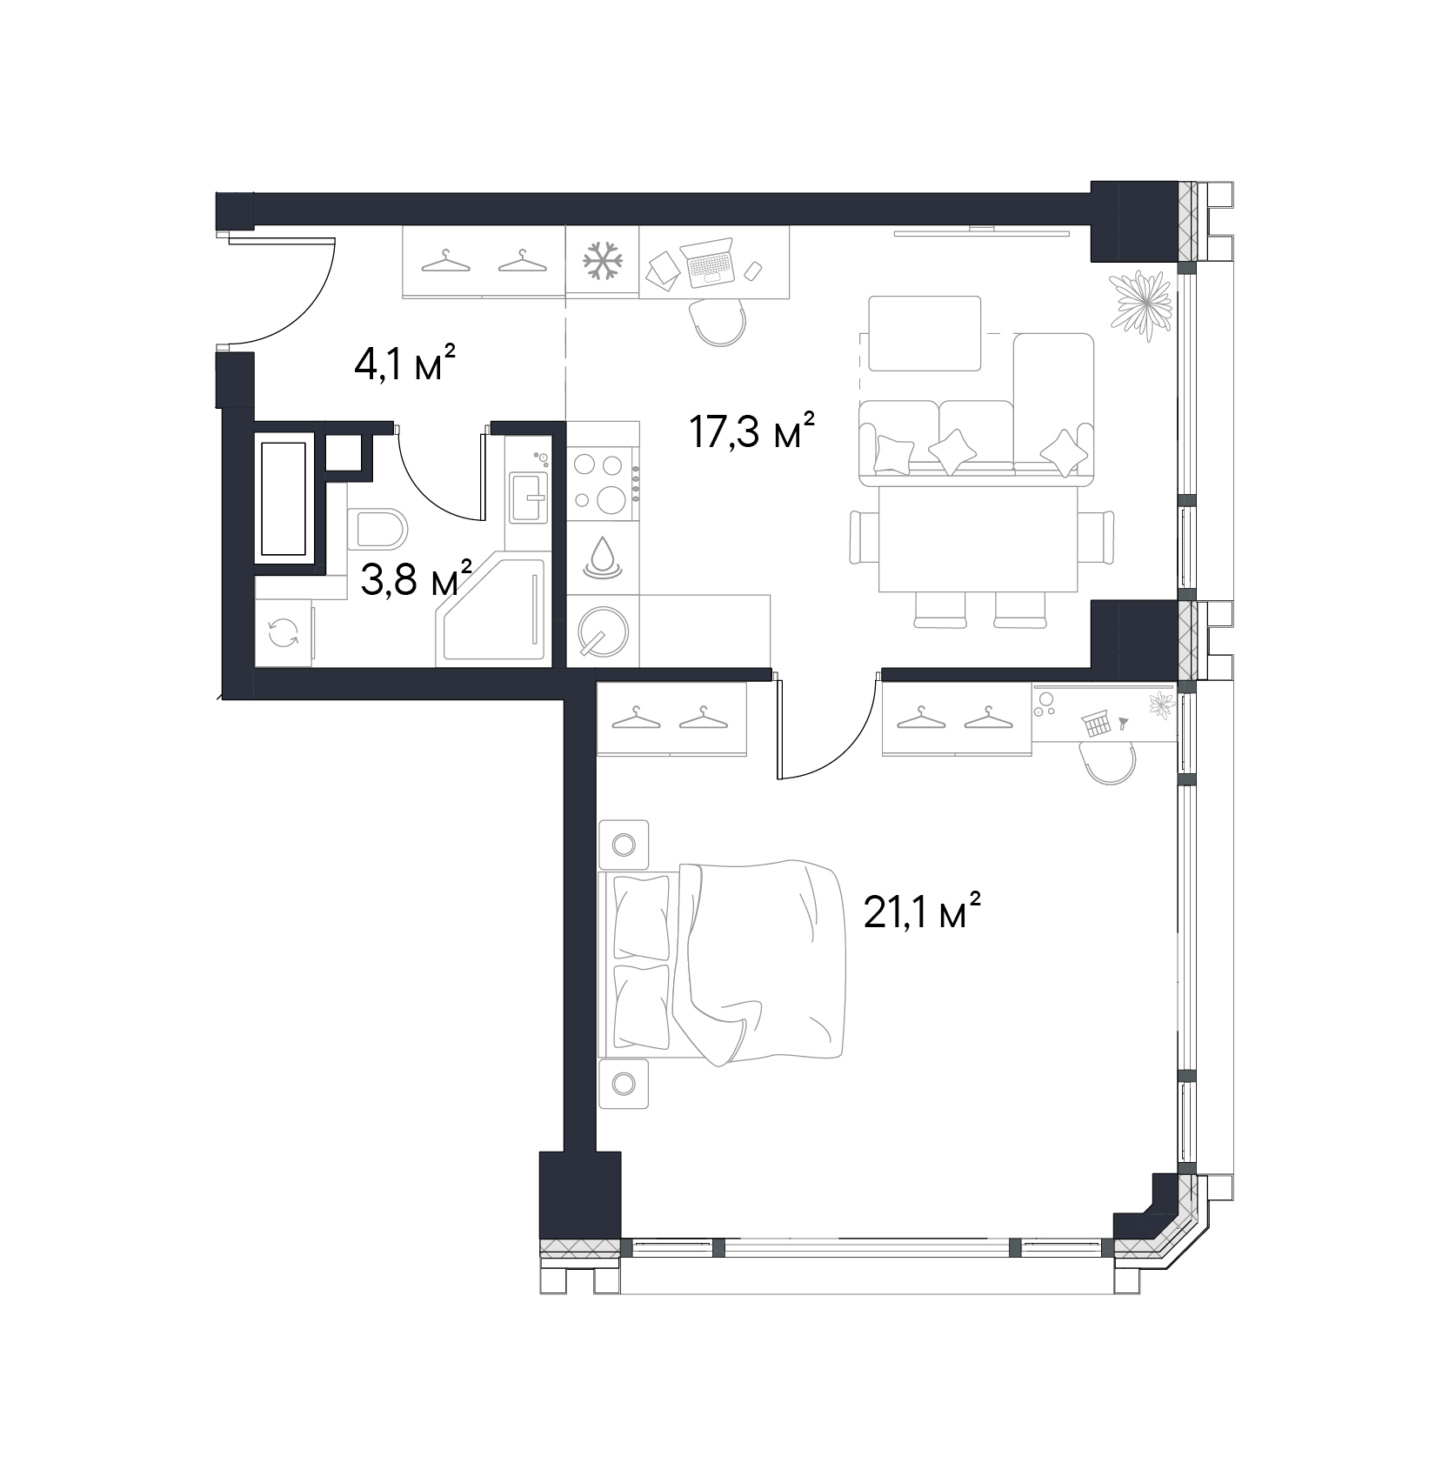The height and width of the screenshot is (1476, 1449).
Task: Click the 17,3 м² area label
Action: [x=751, y=430]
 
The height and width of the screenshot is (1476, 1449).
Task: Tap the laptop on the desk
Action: [x=710, y=263]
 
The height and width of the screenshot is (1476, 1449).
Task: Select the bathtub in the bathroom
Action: [x=284, y=498]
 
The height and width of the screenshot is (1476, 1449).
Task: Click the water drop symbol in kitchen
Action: [x=602, y=558]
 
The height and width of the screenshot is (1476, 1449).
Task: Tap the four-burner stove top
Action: [x=602, y=482]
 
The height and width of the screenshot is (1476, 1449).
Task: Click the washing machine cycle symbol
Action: [x=283, y=633]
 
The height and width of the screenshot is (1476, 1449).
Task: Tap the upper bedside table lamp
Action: [x=624, y=844]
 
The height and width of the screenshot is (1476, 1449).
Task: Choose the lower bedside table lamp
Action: [x=624, y=1083]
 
